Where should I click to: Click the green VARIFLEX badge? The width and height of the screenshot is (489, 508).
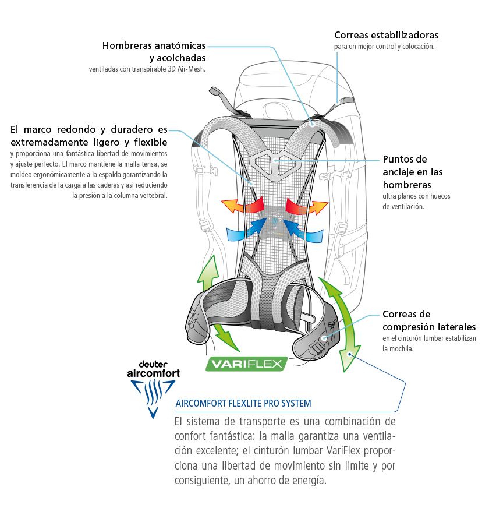(246, 364)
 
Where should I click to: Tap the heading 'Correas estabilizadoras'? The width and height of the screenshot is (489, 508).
(387, 35)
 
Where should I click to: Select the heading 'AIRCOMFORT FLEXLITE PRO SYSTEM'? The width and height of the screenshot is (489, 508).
(243, 403)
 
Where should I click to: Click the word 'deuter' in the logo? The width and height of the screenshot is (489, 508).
(153, 365)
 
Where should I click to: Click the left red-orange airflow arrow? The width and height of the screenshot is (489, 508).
(242, 206)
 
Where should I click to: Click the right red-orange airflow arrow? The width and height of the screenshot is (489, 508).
(307, 206)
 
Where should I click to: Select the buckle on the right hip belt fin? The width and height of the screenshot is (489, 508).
(317, 348)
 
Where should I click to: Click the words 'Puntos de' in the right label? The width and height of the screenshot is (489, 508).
(405, 159)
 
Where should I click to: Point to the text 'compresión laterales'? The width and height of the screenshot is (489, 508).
(429, 327)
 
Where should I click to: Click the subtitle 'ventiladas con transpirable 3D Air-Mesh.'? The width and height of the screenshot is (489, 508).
(147, 69)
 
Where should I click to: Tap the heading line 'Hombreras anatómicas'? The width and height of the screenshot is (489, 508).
(154, 45)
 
